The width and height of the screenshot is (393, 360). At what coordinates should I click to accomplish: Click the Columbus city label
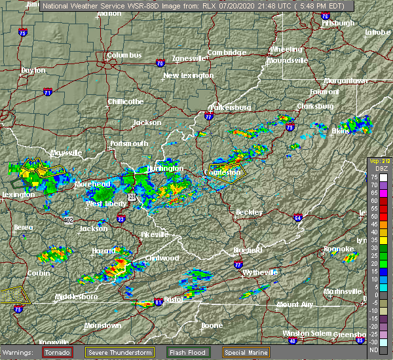pyautogui.click(x=124, y=56)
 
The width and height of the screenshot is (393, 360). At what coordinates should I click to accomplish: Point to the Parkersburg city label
pyautogui.click(x=230, y=107)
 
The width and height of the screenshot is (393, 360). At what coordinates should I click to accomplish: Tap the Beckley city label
pyautogui.click(x=250, y=212)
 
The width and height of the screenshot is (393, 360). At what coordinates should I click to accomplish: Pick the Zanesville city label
pyautogui.click(x=189, y=58)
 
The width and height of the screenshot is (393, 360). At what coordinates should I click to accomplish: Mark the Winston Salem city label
pyautogui.click(x=304, y=333)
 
